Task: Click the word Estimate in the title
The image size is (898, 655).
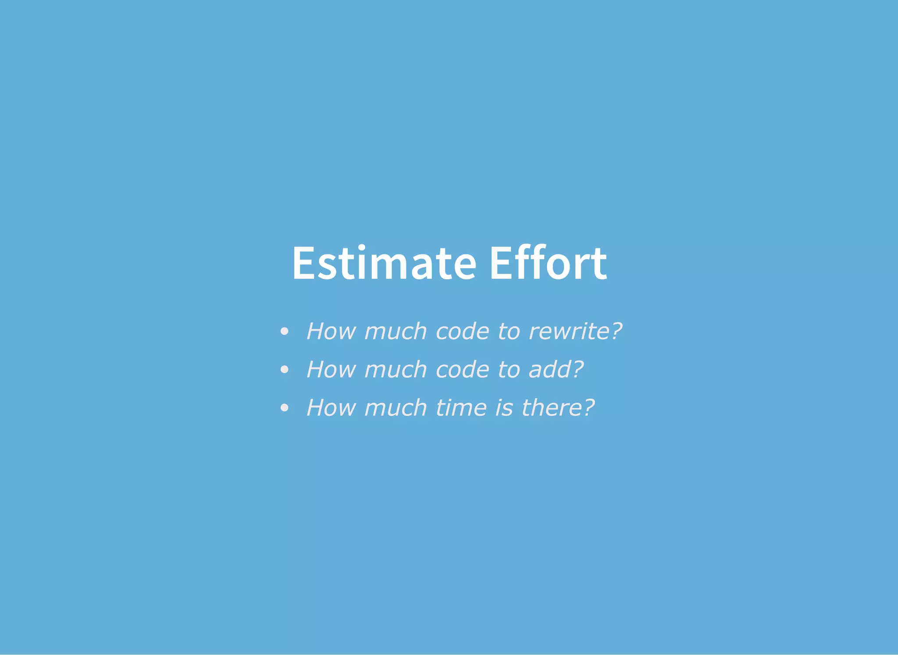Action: pyautogui.click(x=384, y=263)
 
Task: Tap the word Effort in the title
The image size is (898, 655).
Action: pyautogui.click(x=548, y=263)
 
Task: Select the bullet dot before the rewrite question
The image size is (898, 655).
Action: pyautogui.click(x=284, y=331)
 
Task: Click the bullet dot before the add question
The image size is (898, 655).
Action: pyautogui.click(x=284, y=370)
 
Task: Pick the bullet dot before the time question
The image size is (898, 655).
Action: pyautogui.click(x=284, y=408)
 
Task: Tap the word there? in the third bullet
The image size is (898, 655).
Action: pyautogui.click(x=558, y=408)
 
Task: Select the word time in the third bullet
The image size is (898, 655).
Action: pyautogui.click(x=461, y=408)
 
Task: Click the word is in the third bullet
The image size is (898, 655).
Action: pyautogui.click(x=504, y=408)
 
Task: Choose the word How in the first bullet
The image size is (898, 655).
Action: pyautogui.click(x=331, y=331)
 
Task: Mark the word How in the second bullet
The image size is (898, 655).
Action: pyautogui.click(x=331, y=370)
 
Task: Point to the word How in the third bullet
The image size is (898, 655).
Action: pyautogui.click(x=331, y=408)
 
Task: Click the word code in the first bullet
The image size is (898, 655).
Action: pyautogui.click(x=462, y=331)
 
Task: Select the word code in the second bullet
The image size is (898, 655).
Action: pyautogui.click(x=462, y=370)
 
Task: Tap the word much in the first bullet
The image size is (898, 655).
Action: pyautogui.click(x=396, y=331)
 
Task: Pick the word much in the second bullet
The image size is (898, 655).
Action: pyautogui.click(x=396, y=370)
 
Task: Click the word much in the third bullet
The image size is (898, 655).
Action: pyautogui.click(x=396, y=408)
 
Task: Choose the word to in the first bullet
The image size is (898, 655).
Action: pyautogui.click(x=509, y=331)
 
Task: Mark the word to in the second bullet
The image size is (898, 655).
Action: pyautogui.click(x=509, y=370)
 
